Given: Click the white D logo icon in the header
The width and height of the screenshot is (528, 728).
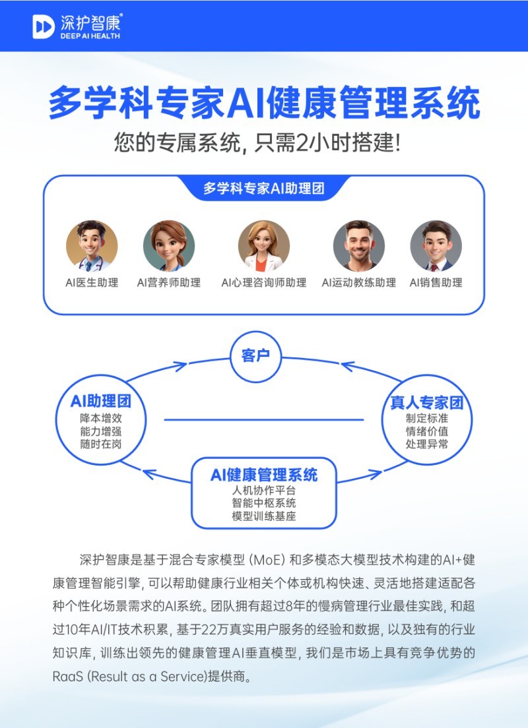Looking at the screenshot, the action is coord(44,26).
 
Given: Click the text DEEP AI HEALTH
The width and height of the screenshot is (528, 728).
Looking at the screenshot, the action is coord(90,36).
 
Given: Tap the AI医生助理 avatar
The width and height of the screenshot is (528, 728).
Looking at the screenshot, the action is coord(92,246).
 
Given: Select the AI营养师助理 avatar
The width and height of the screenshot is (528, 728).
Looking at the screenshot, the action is coord(169,246).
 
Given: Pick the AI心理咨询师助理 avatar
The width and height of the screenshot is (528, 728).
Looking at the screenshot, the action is coord(263,246).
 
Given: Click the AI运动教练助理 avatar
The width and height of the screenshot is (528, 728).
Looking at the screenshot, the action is coord(359,246).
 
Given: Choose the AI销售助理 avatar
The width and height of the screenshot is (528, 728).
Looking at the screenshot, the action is coord(436,246).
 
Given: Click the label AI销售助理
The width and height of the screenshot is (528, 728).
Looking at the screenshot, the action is coord(436,283).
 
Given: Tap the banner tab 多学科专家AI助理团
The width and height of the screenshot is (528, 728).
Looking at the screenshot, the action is coord(263,189).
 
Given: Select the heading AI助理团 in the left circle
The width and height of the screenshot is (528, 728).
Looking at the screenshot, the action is coord(101,401).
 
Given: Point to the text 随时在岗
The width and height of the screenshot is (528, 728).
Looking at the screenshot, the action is coord(101,444).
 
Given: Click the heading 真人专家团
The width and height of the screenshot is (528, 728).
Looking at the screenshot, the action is coord(426,402).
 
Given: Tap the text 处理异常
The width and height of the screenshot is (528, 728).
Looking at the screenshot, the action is coord(426,444).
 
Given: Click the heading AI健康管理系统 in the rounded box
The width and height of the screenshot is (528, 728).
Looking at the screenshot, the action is coord(263,475).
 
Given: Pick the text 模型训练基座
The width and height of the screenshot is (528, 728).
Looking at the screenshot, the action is coord(263,516).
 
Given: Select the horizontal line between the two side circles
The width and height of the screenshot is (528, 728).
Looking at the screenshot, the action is coord(264,420).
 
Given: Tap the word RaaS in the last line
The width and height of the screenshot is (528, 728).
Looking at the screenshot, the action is coord(68,677).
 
